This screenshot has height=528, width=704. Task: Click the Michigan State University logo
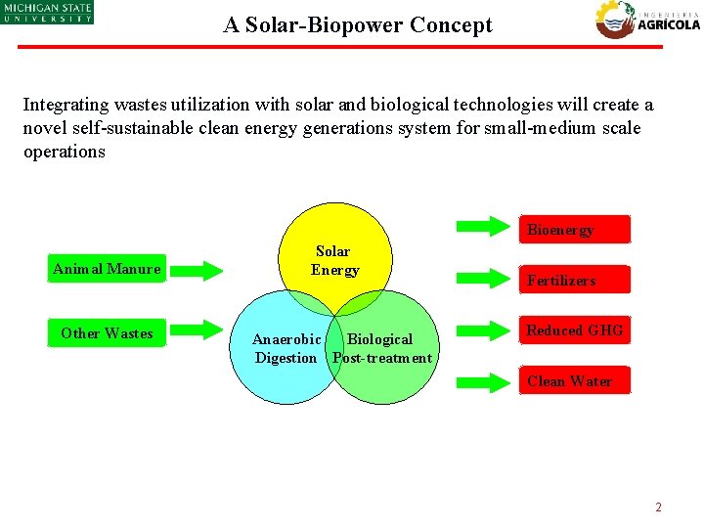pyautogui.click(x=46, y=12)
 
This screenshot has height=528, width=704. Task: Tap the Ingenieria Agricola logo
pyautogui.click(x=648, y=20)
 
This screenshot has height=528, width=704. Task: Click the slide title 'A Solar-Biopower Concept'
pyautogui.click(x=358, y=25)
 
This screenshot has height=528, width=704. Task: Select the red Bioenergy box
pyautogui.click(x=574, y=229)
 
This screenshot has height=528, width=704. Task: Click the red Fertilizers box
pyautogui.click(x=574, y=280)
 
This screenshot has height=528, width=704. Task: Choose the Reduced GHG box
pyautogui.click(x=574, y=330)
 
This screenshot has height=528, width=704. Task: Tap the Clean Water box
pyautogui.click(x=574, y=381)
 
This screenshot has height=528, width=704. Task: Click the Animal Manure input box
pyautogui.click(x=107, y=269)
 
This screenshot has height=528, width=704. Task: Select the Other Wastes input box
pyautogui.click(x=107, y=333)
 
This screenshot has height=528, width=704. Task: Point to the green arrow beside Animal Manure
pyautogui.click(x=210, y=269)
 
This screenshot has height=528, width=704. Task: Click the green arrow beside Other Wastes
pyautogui.click(x=210, y=329)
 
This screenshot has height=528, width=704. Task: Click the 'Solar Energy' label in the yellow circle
pyautogui.click(x=334, y=260)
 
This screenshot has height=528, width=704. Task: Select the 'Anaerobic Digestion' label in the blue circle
pyautogui.click(x=286, y=348)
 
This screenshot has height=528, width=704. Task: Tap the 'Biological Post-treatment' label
pyautogui.click(x=381, y=348)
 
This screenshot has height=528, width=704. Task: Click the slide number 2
pyautogui.click(x=658, y=507)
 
